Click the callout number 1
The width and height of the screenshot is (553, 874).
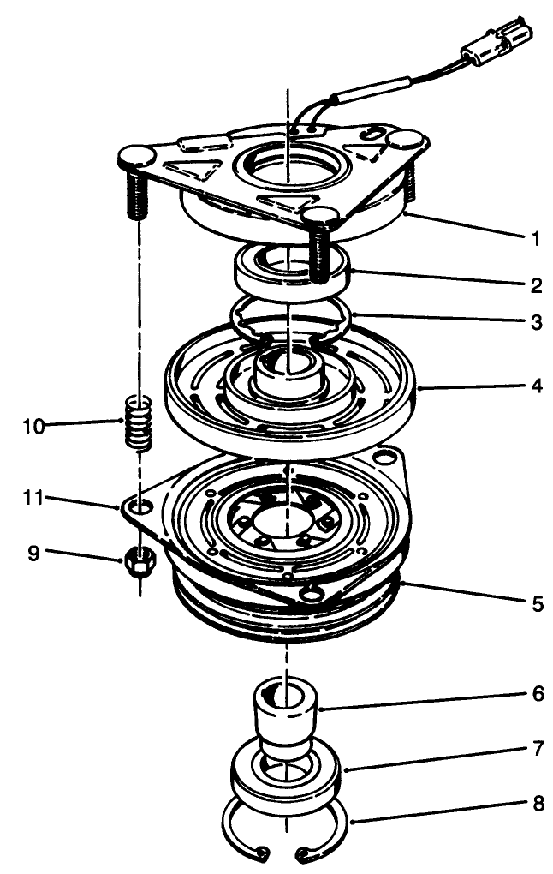coord(535,239)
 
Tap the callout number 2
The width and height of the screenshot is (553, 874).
coord(535,284)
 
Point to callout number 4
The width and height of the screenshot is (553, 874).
coord(535,386)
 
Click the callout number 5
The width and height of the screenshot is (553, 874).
coord(535,604)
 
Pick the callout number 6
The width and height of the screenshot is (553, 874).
coord(537,694)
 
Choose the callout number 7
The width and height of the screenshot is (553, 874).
coord(537,749)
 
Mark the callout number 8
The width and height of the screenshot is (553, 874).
coord(537,805)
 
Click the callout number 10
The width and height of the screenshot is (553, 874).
coord(33,426)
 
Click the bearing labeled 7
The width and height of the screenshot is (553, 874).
coord(287,775)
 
